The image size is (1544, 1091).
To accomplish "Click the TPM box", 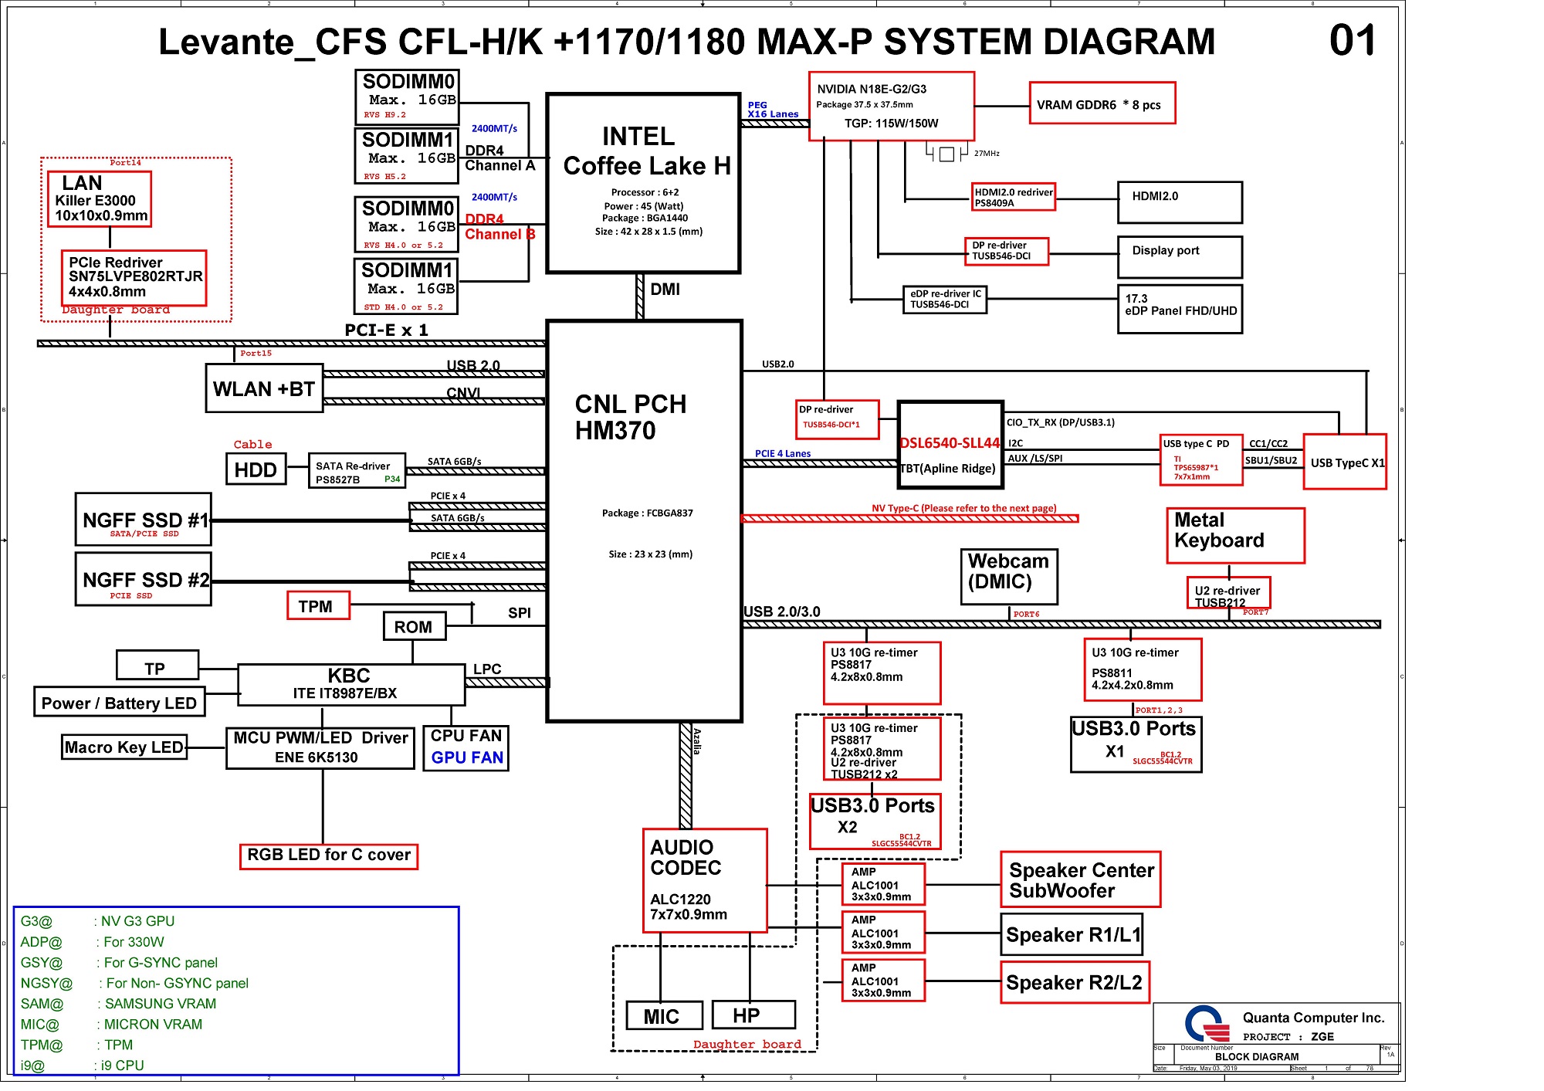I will (318, 606).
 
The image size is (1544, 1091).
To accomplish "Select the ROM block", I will (414, 627).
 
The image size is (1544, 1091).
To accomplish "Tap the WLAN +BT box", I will (264, 388).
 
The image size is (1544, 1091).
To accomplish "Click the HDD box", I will (256, 469).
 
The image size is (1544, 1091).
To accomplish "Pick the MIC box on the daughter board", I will (663, 1015).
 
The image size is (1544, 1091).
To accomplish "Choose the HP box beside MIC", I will (753, 1015).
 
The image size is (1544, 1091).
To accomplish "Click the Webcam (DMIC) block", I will (1008, 577).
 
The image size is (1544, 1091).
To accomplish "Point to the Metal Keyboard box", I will (1234, 535).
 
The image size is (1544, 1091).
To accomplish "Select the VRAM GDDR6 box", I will (1102, 103).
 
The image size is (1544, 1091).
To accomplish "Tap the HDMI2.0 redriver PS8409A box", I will (1013, 197).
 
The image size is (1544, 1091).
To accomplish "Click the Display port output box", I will (1179, 256).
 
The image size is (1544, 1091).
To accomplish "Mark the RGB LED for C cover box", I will (328, 856).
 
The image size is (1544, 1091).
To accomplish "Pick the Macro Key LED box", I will (124, 747).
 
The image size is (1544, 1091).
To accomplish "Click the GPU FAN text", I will (466, 758).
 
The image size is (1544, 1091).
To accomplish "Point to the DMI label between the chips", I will (665, 290).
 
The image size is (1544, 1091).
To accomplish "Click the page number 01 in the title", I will (1352, 41).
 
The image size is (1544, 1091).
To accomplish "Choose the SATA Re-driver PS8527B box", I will (356, 471).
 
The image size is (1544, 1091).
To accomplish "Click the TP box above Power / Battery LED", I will (157, 667).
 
